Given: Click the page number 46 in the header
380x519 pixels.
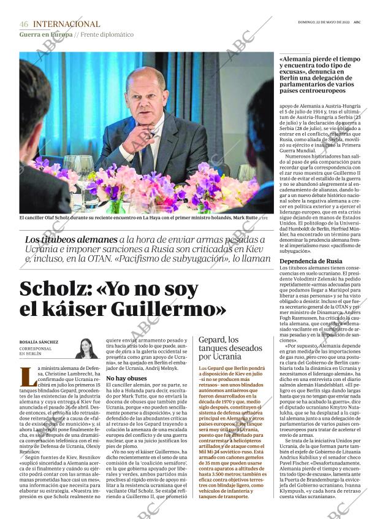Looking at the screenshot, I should point(24,25).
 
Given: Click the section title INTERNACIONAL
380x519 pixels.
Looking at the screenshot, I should point(66,25).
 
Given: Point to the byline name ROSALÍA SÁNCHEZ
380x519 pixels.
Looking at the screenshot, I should point(40,342).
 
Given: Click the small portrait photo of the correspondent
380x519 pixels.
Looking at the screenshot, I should point(86,348).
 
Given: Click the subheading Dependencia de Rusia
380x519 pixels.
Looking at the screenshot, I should point(311,261).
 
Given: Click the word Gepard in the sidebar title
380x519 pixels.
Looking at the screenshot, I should point(212,340).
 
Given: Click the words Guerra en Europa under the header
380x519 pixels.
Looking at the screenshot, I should point(45,34).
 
